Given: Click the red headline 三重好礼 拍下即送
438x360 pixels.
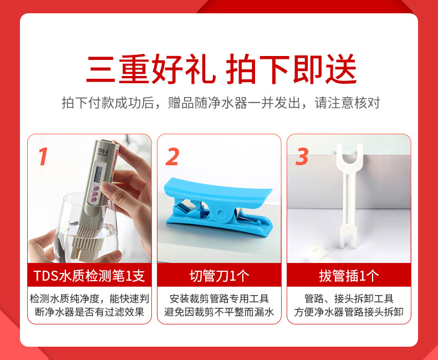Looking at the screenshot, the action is (x=221, y=69).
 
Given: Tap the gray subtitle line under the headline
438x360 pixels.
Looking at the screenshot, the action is (x=221, y=103).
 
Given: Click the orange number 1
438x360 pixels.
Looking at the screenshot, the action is (x=43, y=156).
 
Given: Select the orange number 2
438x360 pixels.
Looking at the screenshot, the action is (x=172, y=156).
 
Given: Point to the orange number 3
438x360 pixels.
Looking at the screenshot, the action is (x=302, y=156).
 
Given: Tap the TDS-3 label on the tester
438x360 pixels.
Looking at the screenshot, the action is (x=103, y=151).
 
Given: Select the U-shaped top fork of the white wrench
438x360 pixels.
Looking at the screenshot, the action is (x=349, y=156).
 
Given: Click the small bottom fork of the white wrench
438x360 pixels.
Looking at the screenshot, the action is (x=349, y=237).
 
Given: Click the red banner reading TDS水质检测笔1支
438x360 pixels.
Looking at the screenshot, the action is (x=89, y=275).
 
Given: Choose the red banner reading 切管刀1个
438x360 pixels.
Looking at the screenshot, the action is (x=219, y=275).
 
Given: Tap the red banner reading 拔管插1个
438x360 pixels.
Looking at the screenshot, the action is (x=349, y=275).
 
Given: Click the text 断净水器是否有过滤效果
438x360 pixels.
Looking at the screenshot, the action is (x=89, y=312).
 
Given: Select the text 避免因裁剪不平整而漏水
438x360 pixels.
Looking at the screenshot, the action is (x=219, y=312).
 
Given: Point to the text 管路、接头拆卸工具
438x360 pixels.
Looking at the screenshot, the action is (x=349, y=299).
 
